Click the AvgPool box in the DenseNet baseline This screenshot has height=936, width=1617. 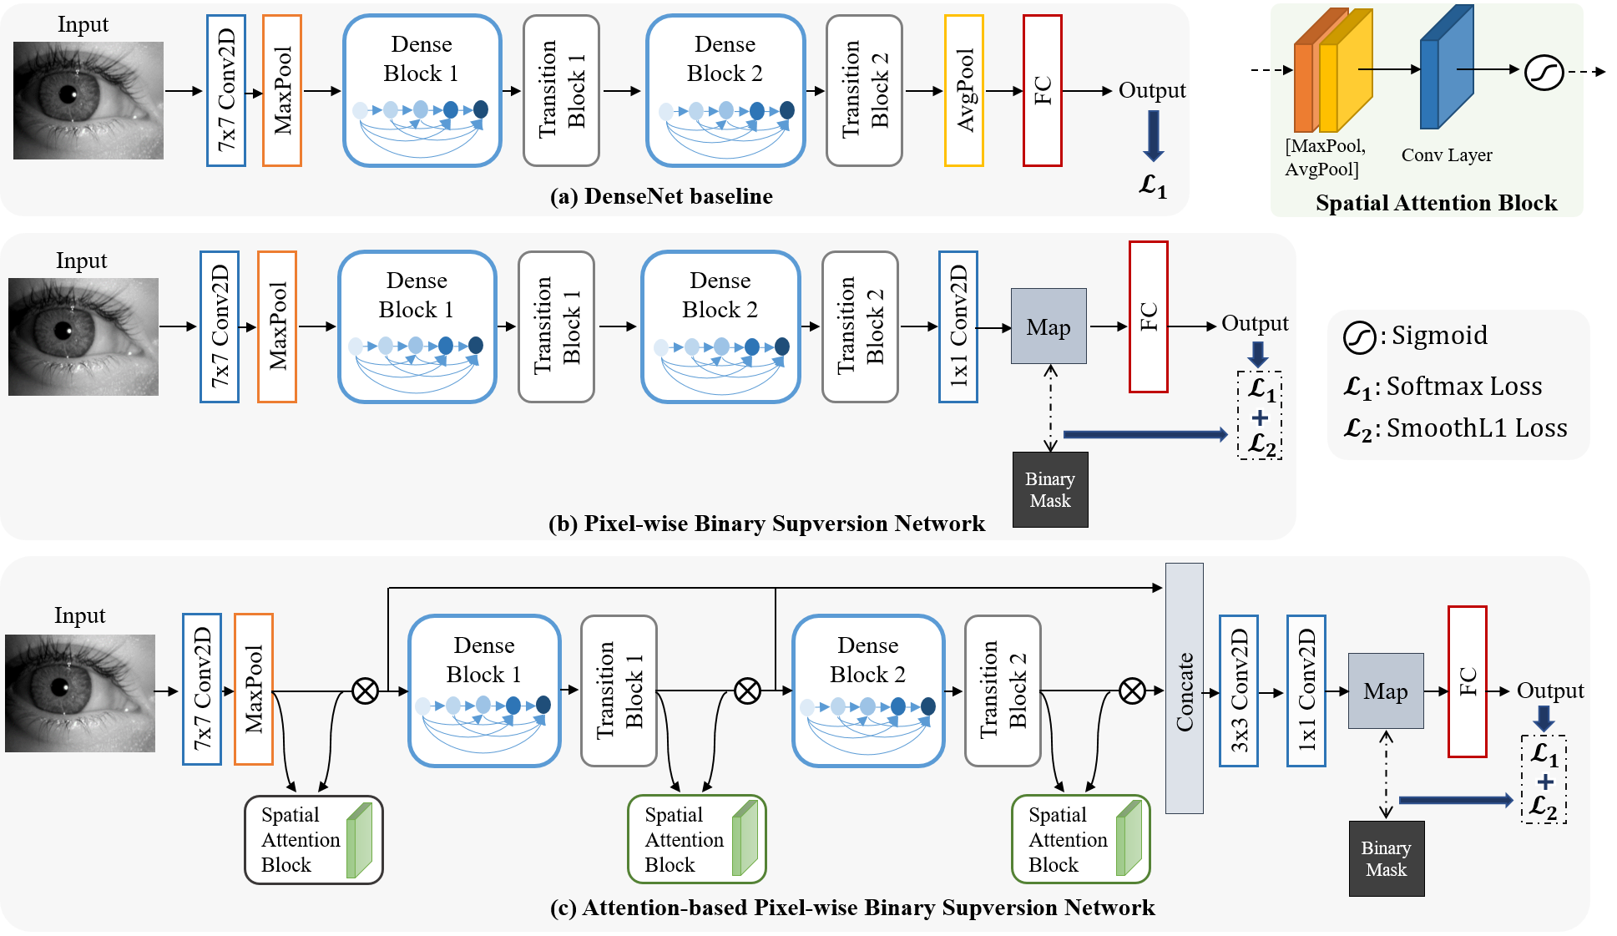964,90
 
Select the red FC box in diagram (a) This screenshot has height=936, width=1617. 1043,90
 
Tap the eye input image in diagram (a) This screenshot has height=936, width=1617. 88,100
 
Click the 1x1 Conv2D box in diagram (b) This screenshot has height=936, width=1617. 958,326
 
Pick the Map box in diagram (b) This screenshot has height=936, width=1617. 1049,326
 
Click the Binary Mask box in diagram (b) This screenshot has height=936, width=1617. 1050,489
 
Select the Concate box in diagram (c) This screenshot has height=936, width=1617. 1185,688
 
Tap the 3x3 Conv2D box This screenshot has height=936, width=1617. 1239,691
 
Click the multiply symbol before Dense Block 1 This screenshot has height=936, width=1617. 365,691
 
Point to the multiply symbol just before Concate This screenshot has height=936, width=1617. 1132,691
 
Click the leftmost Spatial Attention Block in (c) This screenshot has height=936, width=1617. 314,839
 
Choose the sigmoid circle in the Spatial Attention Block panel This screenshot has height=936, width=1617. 1544,72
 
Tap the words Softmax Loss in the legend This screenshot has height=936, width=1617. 1464,386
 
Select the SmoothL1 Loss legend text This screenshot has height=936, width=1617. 1477,428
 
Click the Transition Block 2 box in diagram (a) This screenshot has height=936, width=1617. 864,90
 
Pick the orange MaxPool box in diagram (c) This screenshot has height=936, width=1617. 254,689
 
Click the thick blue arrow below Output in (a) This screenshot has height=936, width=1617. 1153,135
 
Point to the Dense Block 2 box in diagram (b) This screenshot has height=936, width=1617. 720,326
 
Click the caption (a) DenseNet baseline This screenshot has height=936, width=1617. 661,196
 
